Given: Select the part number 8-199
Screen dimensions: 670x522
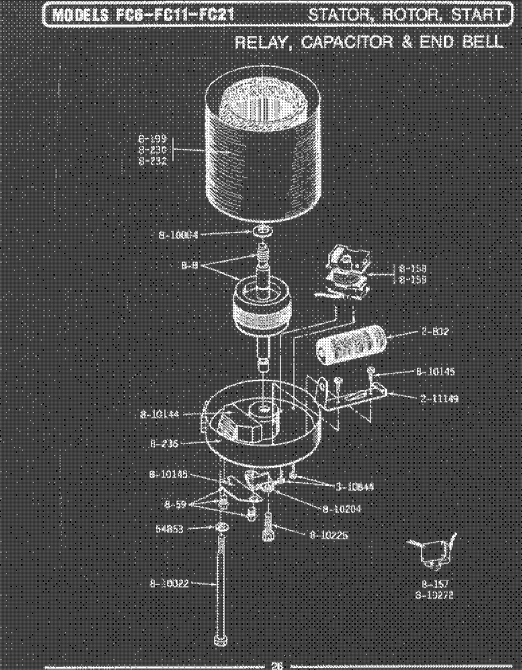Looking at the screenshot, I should tap(153, 139).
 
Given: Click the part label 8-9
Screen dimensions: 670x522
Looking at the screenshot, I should tap(189, 266).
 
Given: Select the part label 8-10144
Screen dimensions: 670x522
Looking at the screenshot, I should tap(160, 415).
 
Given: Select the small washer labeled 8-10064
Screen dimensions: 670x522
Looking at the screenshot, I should tap(263, 232).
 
